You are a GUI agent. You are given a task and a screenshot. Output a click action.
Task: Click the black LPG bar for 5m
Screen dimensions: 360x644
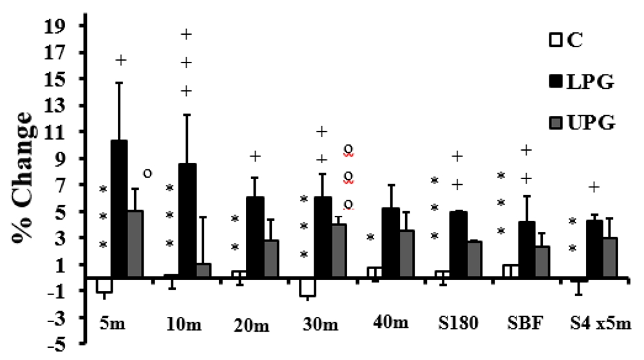118,209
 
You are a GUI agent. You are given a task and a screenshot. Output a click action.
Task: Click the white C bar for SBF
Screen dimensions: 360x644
509,271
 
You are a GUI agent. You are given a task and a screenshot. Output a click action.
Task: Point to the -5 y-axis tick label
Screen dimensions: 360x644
66,344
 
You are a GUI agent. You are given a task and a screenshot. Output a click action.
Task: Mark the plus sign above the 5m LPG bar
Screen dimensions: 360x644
120,61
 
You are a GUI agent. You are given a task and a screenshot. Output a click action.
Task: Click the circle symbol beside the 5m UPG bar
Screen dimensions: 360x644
147,173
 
